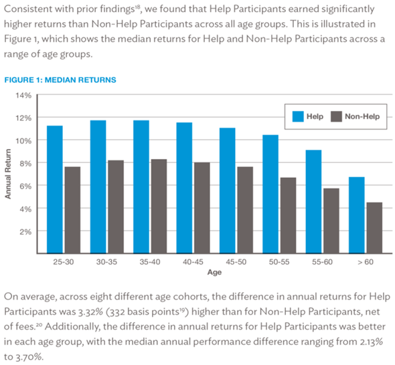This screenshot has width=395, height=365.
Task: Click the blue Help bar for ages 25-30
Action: point(55,189)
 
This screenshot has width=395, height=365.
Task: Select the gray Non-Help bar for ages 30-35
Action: point(116,207)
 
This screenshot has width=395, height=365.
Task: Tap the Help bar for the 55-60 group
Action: point(313,201)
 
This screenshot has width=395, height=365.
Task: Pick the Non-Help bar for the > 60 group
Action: point(374,228)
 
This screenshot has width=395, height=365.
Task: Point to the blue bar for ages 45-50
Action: point(228,191)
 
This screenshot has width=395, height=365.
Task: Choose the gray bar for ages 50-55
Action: point(288,215)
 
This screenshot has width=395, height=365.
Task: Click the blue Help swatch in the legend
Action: point(298,116)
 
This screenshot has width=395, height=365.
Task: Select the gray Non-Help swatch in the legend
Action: point(336,116)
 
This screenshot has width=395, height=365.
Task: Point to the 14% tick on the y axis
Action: point(23,96)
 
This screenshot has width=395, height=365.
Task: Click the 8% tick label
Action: point(25,164)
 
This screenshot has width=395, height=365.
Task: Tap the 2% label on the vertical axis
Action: point(25,232)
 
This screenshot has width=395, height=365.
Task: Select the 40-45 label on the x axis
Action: point(193,262)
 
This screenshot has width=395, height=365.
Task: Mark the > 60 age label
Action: point(366,262)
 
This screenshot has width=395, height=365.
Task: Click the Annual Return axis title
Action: point(8,174)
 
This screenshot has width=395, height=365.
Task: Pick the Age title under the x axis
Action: point(214,272)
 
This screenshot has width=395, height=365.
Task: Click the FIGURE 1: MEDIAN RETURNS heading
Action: point(60,80)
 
